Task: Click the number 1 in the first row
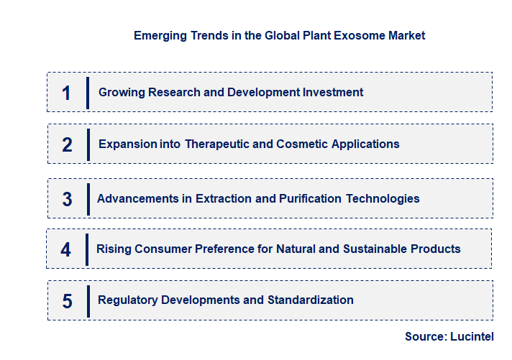coord(67,93)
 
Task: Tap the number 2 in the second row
coord(67,144)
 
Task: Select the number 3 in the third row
coord(67,199)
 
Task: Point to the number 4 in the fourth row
coord(66,249)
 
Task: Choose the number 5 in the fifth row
coord(67,300)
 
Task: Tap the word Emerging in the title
coord(158,35)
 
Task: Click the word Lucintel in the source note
coord(472,336)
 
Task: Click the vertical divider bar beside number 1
coord(88,93)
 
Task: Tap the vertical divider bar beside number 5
coord(88,300)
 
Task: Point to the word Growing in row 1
coord(120,93)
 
